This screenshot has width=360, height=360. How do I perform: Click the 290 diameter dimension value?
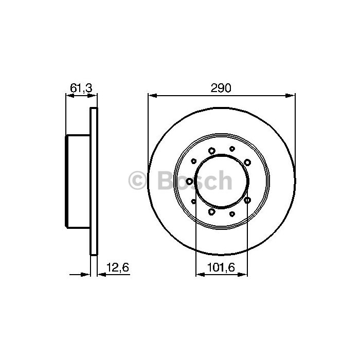pyautogui.click(x=221, y=88)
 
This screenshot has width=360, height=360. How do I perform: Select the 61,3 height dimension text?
pyautogui.click(x=81, y=88)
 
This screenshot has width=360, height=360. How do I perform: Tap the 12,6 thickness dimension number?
pyautogui.click(x=118, y=267)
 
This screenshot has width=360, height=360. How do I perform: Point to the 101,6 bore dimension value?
pyautogui.click(x=221, y=267)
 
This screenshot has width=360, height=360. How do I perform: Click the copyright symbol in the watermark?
pyautogui.click(x=137, y=181)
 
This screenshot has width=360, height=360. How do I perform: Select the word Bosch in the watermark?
pyautogui.click(x=195, y=181)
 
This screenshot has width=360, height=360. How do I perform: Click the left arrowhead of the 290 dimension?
pyautogui.click(x=152, y=96)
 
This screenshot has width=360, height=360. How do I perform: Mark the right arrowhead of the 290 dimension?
pyautogui.click(x=291, y=96)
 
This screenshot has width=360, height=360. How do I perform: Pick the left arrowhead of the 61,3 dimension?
pyautogui.click(x=70, y=96)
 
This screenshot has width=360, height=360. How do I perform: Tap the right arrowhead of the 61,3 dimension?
pyautogui.click(x=93, y=96)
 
